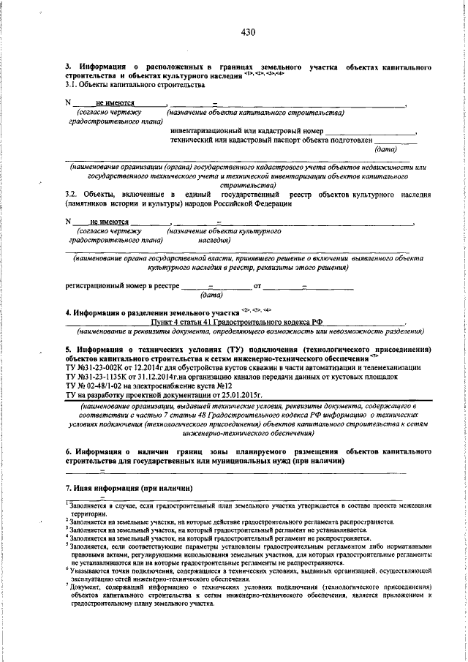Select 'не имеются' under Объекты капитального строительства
[115, 103]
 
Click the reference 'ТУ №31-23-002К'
[97, 368]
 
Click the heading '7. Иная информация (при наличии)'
[129, 487]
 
